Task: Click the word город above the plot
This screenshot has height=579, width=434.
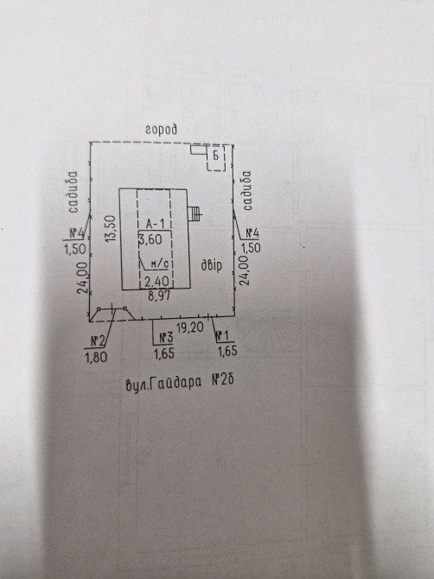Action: (x=161, y=130)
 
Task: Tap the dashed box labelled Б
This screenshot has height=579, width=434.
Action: (x=216, y=158)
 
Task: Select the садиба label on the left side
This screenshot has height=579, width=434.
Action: (x=73, y=192)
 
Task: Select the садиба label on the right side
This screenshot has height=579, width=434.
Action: (x=246, y=190)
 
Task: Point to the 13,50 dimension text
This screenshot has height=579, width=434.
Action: (x=111, y=228)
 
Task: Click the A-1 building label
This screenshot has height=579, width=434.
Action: (x=155, y=224)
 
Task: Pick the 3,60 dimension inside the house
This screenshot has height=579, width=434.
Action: (x=150, y=239)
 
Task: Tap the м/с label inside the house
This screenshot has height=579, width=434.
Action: (x=160, y=264)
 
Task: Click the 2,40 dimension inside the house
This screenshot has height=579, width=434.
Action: (x=157, y=282)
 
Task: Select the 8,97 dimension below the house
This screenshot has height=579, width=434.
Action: (x=160, y=296)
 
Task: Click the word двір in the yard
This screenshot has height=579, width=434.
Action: (x=211, y=265)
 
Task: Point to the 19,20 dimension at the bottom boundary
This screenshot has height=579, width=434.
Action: (x=190, y=328)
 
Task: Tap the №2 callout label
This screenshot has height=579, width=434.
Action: (x=98, y=341)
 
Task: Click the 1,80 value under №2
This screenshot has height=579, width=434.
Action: (x=97, y=357)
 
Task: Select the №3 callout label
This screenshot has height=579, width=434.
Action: (x=166, y=338)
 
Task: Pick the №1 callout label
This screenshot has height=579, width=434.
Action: (x=222, y=335)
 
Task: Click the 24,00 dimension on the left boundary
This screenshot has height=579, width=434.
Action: (x=83, y=277)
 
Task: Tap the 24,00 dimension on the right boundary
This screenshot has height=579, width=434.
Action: (x=245, y=270)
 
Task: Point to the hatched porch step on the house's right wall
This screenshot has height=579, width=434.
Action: (x=194, y=213)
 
